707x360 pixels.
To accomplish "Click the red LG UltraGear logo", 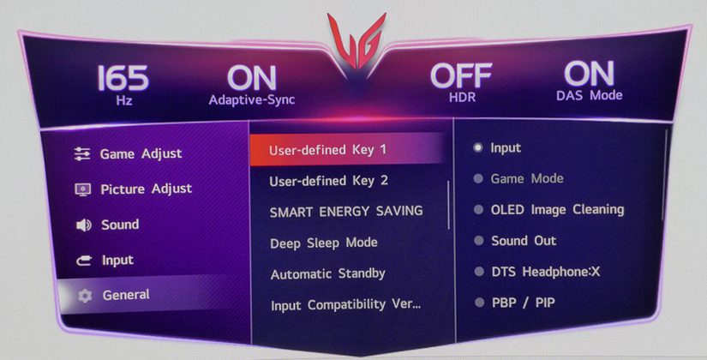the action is click(x=356, y=42).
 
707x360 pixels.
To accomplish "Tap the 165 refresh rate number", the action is click(x=123, y=79).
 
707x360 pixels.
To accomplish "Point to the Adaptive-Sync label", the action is click(x=252, y=99).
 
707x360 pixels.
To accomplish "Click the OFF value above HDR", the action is click(x=461, y=75).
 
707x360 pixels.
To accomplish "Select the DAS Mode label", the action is click(x=589, y=95).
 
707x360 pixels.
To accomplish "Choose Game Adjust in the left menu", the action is click(x=141, y=153).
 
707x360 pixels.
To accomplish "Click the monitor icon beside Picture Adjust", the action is click(x=82, y=189).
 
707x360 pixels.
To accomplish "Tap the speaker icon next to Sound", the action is click(x=83, y=225).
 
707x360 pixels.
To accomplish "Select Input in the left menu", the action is click(x=117, y=260).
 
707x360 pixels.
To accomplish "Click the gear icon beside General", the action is click(x=84, y=296).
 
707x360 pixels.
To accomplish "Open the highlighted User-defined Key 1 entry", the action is click(x=328, y=150).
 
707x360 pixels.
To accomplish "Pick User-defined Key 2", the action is click(x=329, y=181).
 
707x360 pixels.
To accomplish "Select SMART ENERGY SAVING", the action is click(x=346, y=212).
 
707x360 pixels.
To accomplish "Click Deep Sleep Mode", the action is click(x=324, y=243).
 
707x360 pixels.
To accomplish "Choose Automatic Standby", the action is click(x=328, y=273).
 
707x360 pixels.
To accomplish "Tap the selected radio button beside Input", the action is click(x=478, y=147).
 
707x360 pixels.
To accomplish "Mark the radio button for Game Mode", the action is click(x=478, y=178).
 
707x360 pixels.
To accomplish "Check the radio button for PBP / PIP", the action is click(x=480, y=303).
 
